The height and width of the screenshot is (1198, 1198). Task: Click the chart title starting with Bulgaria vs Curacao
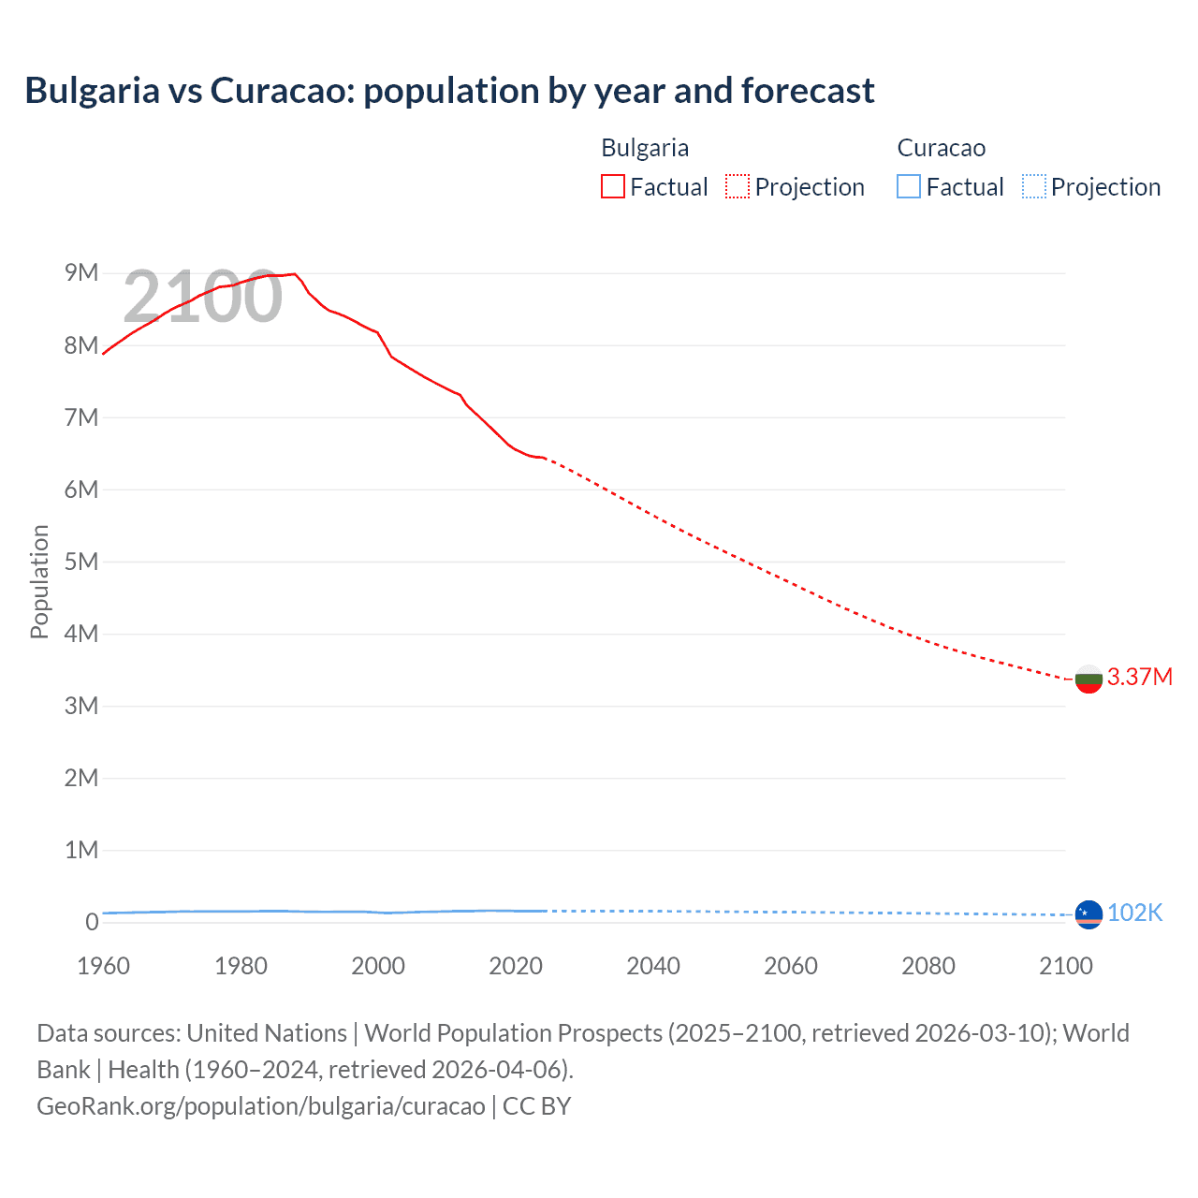pyautogui.click(x=449, y=91)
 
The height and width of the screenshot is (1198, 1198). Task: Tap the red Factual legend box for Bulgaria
pyautogui.click(x=613, y=186)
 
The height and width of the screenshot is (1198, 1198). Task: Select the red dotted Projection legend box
pyautogui.click(x=738, y=186)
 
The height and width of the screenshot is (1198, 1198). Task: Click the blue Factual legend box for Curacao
pyautogui.click(x=909, y=186)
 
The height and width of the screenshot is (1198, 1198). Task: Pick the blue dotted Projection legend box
pyautogui.click(x=1033, y=186)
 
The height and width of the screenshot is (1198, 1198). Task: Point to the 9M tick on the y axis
pyautogui.click(x=81, y=272)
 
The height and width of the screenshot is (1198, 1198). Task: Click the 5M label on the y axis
pyautogui.click(x=81, y=562)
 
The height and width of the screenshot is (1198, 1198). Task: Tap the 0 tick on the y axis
pyautogui.click(x=92, y=922)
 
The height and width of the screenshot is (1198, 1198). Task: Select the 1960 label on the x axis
pyautogui.click(x=103, y=966)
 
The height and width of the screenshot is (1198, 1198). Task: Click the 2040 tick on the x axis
pyautogui.click(x=653, y=966)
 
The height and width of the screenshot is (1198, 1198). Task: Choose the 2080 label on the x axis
pyautogui.click(x=928, y=966)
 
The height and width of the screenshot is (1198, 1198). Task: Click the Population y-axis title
pyautogui.click(x=39, y=581)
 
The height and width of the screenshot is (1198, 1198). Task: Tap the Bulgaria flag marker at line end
pyautogui.click(x=1088, y=679)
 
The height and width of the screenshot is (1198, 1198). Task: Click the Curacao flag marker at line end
pyautogui.click(x=1088, y=913)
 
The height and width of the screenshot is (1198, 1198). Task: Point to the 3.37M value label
pyautogui.click(x=1139, y=677)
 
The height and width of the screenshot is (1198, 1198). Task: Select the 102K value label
pyautogui.click(x=1134, y=913)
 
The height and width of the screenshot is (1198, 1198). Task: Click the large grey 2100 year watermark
pyautogui.click(x=202, y=297)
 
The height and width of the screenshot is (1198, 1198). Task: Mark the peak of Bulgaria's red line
pyautogui.click(x=295, y=274)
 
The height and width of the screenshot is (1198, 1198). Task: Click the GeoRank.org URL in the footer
pyautogui.click(x=261, y=1105)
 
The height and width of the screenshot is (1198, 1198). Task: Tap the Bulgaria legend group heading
pyautogui.click(x=645, y=148)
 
